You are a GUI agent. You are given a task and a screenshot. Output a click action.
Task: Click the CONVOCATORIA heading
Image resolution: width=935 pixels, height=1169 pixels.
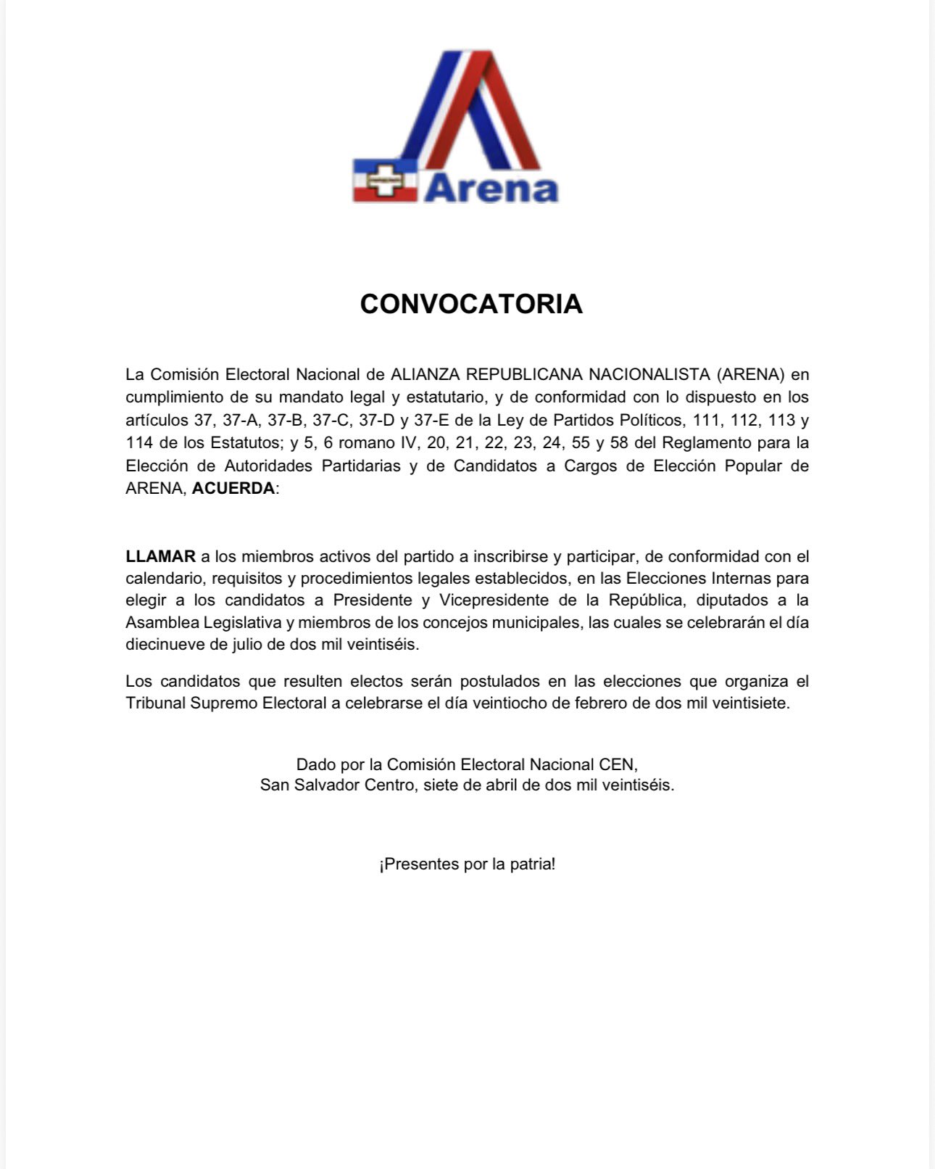[471, 304]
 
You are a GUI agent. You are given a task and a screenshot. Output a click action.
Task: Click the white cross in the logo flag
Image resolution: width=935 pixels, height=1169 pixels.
[384, 179]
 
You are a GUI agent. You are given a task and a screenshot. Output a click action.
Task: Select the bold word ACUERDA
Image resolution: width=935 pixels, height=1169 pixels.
[233, 488]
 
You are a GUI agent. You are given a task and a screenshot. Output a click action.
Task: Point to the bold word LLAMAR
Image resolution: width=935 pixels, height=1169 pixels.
[160, 556]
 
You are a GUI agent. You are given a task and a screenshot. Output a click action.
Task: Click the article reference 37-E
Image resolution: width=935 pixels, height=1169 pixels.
[432, 420]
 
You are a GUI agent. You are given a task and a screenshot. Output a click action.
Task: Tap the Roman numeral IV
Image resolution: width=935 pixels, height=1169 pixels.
[408, 442]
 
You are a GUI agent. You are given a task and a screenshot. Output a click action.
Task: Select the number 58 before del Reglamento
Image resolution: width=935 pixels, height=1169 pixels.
[619, 442]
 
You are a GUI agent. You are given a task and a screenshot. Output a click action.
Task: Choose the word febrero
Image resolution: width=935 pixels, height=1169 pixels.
[602, 703]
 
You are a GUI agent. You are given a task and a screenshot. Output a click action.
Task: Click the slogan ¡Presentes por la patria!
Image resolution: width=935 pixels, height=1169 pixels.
[467, 864]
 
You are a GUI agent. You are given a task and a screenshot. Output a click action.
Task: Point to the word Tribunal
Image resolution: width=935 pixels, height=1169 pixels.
[155, 703]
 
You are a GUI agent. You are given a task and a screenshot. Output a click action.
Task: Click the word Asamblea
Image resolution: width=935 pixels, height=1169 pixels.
[162, 622]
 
